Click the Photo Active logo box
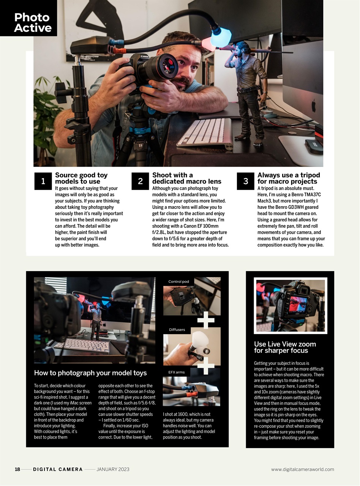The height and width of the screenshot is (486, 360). coord(28,18)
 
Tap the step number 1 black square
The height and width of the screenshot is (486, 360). coord(43,181)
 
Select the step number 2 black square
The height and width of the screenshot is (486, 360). coord(140,181)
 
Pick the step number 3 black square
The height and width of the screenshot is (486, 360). coord(245,181)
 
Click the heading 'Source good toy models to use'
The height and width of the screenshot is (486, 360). coord(81,178)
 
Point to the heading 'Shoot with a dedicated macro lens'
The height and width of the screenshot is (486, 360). coord(186,178)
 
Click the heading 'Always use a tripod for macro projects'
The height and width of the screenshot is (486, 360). coord(289,178)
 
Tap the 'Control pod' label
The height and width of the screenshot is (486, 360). coord(178,282)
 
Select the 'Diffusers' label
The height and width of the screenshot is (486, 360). coord(177,330)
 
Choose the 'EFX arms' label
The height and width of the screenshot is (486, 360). coord(177,372)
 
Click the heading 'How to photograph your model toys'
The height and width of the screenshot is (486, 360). coord(90,373)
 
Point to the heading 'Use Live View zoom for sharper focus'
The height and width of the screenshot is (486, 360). coord(285,347)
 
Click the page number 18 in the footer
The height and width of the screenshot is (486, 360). coord(17,469)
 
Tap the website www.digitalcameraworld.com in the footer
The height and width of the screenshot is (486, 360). coord(302,469)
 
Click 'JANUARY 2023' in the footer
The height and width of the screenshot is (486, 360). coord(113,469)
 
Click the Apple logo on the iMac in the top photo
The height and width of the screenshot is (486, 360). coord(314,106)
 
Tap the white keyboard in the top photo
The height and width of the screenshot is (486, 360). coord(205,132)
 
